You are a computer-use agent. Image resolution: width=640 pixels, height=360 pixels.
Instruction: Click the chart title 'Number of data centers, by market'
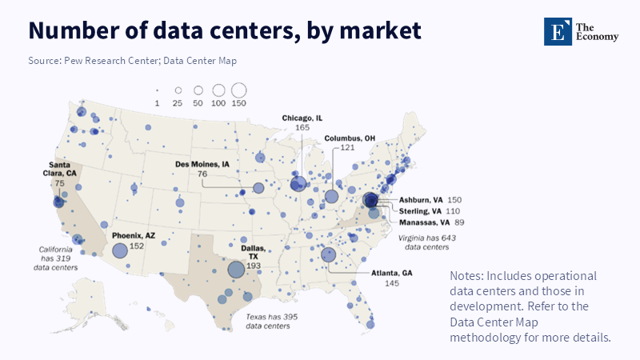tap(225, 30)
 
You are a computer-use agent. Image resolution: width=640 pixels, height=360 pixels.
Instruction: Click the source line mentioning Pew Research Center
tap(132, 61)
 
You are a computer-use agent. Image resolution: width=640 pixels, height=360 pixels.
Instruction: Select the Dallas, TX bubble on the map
tap(236, 270)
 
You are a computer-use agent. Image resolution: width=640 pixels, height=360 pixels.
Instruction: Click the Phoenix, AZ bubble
tap(119, 250)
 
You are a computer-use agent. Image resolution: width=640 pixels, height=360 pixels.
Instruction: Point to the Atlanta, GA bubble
tap(328, 255)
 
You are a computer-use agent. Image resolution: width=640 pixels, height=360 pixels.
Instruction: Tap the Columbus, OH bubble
tap(332, 196)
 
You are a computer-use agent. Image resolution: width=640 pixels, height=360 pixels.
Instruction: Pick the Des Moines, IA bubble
tap(258, 188)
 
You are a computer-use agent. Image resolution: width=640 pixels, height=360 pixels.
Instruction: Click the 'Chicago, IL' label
tap(302, 118)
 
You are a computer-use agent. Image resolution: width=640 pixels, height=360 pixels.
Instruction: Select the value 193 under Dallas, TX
tap(254, 265)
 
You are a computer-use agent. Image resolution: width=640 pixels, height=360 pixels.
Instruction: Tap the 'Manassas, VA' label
tap(424, 222)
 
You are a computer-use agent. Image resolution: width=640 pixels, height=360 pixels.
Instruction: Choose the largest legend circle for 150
tap(239, 90)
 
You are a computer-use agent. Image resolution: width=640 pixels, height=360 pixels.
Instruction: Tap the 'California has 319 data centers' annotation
tap(58, 258)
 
